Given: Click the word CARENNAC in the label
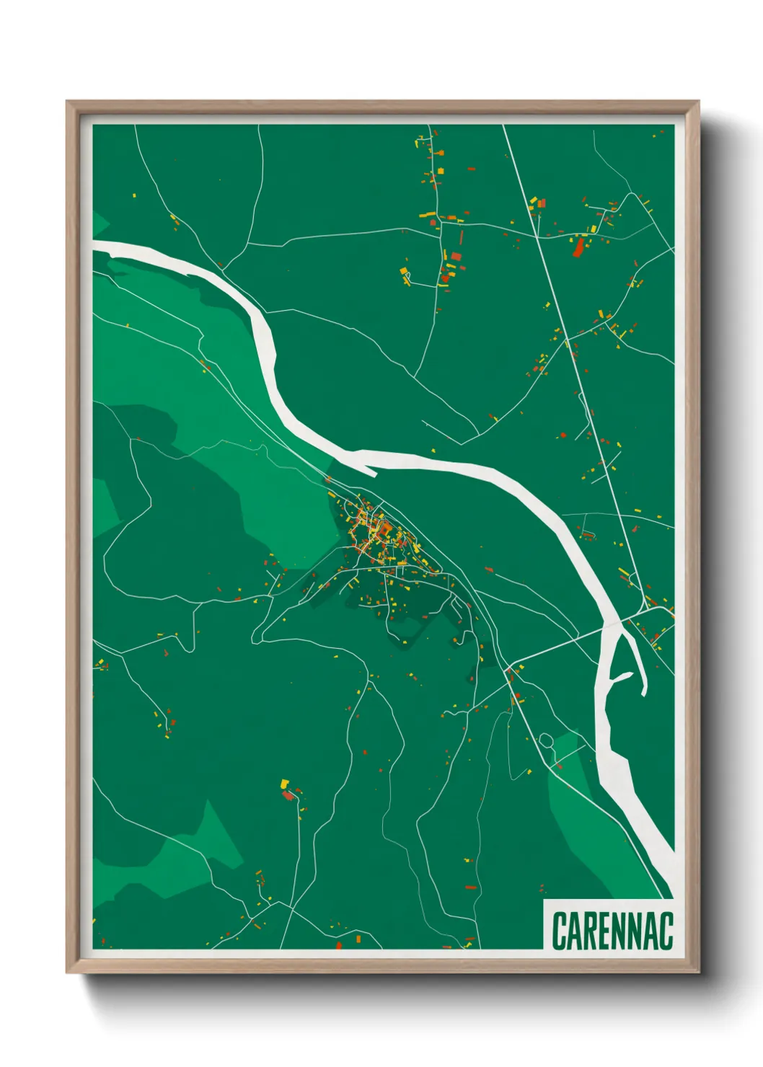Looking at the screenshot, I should [612, 931].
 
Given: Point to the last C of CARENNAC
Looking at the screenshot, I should [666, 931].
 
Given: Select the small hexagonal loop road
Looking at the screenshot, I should [546, 740].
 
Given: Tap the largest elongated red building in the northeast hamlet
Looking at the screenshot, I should [578, 248].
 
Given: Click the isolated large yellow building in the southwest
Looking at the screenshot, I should [284, 783].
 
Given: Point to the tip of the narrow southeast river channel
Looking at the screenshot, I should [643, 694].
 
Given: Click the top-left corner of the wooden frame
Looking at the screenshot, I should [68, 102].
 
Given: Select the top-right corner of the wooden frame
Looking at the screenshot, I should [698, 102].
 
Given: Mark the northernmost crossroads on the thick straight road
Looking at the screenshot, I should [537, 236].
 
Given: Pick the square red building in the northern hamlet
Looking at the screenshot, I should [455, 256].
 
